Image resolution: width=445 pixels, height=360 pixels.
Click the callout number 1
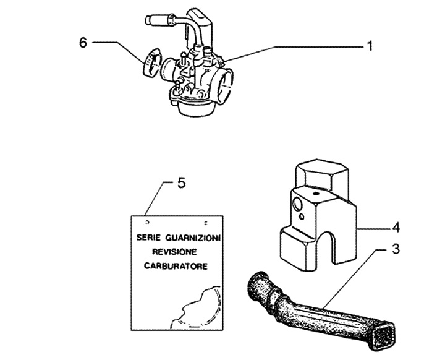(x=369, y=46)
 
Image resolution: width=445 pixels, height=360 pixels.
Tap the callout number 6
(x=83, y=42)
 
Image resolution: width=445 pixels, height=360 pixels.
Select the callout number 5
(x=181, y=184)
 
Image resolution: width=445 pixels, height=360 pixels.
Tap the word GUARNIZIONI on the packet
(x=197, y=238)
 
